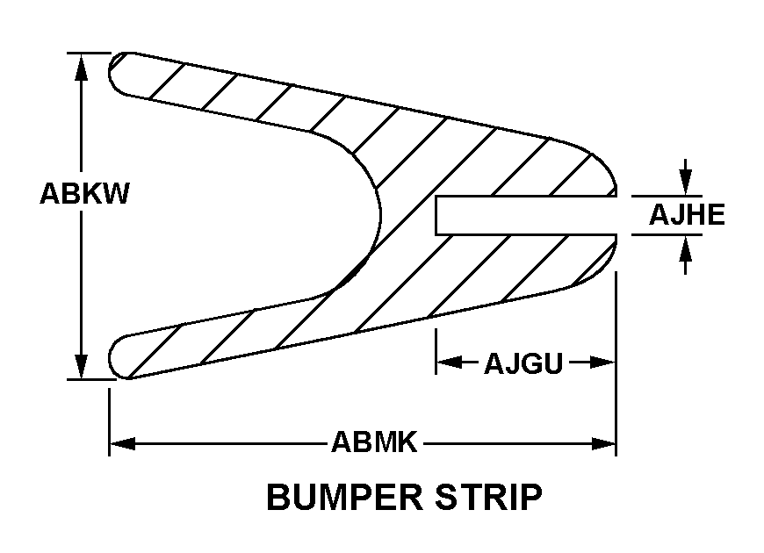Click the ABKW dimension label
84,194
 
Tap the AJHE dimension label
687,214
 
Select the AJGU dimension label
523,363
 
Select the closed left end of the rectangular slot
437,216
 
